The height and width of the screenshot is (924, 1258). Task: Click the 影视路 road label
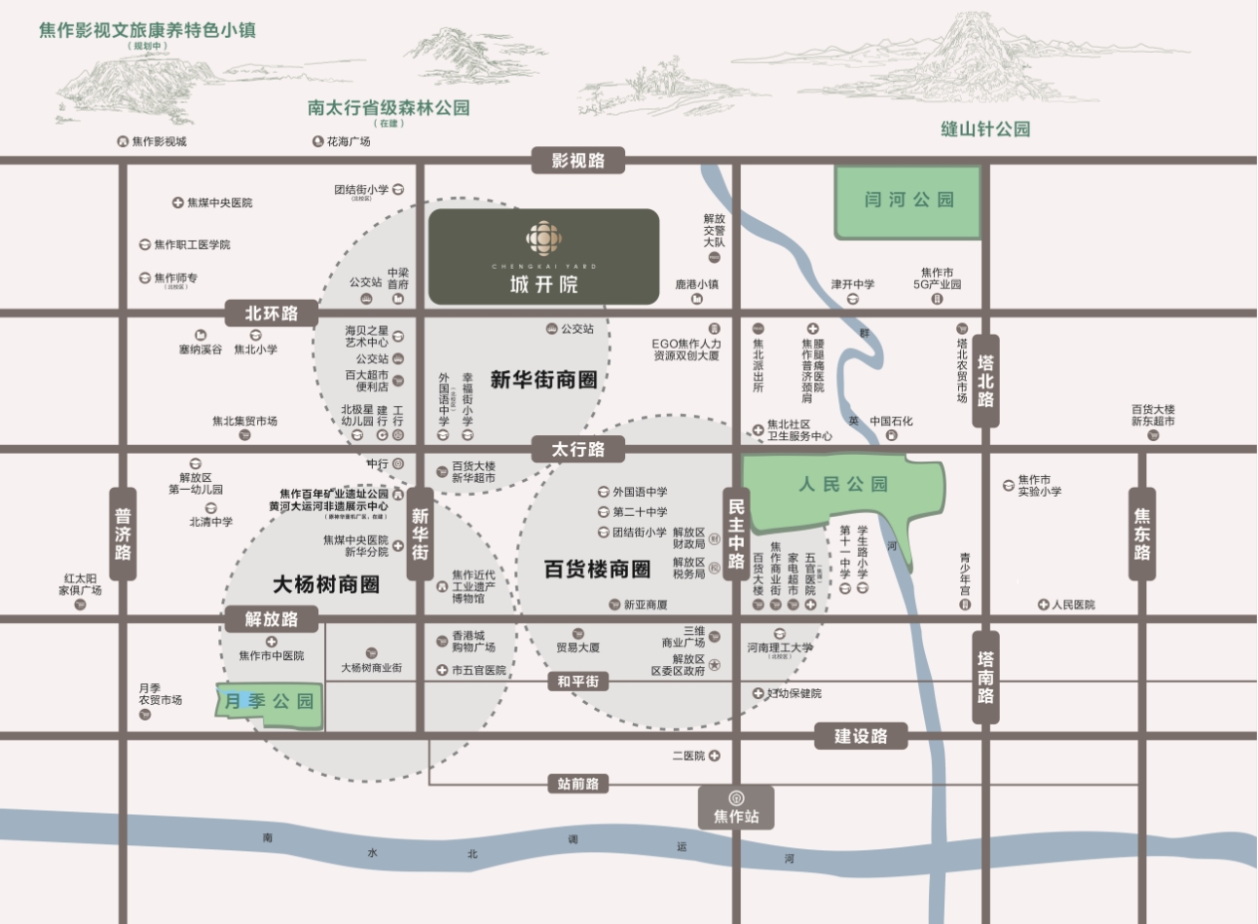pos(577,161)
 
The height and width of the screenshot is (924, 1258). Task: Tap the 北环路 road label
pos(272,314)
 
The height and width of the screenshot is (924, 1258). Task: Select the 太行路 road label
pos(577,449)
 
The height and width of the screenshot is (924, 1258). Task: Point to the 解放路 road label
pos(272,619)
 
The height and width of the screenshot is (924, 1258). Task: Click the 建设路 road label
pos(861,736)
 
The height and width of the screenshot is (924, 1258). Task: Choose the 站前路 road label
pos(578,783)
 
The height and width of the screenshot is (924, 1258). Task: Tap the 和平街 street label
pos(578,682)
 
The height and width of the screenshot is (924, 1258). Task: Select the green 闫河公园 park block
pos(908,202)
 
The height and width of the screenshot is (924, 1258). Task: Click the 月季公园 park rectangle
pos(270,701)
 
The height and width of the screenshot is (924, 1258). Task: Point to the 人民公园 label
pos(843,484)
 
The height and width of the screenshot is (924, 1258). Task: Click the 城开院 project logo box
pos(543,256)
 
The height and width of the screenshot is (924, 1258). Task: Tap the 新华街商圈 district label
pos(543,380)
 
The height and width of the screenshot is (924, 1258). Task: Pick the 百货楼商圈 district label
pos(597,569)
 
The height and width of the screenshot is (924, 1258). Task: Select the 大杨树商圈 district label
pos(325,584)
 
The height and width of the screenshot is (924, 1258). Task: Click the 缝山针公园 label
pos(985,129)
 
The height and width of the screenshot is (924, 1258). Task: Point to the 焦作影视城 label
pos(159,142)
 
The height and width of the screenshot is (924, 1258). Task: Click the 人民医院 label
pos(1073,605)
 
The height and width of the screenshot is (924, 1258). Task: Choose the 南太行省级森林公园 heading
pos(388,108)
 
